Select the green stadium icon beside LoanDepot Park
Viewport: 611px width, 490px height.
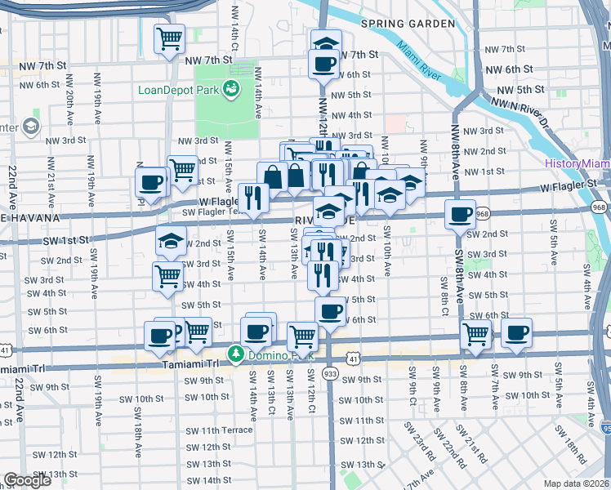point(232,87)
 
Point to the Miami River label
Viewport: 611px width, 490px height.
point(427,69)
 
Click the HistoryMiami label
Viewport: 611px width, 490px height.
point(578,164)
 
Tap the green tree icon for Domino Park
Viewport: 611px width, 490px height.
point(235,355)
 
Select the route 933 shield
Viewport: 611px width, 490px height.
point(330,372)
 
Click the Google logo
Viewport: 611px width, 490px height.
point(27,479)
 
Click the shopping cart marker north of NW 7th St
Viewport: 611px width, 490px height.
point(169,38)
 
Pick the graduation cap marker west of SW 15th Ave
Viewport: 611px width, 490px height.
point(171,241)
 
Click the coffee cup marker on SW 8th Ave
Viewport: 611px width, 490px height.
point(460,214)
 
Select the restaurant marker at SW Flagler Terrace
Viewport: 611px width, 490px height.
point(253,198)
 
